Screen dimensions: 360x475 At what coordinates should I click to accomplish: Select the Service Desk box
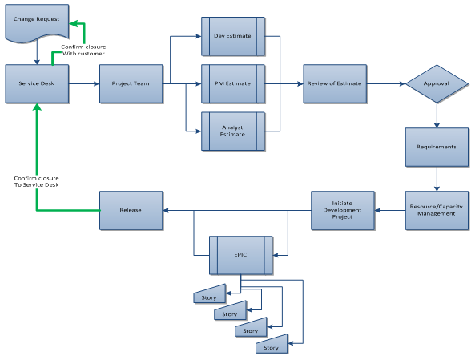(x=36, y=83)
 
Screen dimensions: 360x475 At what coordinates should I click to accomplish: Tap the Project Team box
(x=131, y=83)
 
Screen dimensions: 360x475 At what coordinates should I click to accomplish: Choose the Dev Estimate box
(x=232, y=35)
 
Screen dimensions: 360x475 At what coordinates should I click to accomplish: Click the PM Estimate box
(x=232, y=83)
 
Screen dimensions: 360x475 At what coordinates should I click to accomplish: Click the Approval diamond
(x=436, y=83)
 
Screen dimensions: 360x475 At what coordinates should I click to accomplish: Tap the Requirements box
(x=436, y=147)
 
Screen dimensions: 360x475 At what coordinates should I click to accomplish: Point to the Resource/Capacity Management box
(x=436, y=211)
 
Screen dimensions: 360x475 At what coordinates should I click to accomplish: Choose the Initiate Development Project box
(x=343, y=211)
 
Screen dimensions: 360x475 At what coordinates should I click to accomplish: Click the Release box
(x=131, y=210)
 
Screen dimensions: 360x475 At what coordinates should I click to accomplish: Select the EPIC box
(x=240, y=256)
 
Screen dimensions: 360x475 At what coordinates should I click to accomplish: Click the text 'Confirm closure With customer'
(x=83, y=50)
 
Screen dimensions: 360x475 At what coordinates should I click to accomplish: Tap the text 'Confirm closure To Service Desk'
(x=36, y=181)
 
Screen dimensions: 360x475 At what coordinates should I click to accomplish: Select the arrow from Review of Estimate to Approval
(x=385, y=83)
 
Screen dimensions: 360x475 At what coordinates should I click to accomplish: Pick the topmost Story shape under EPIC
(x=209, y=297)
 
